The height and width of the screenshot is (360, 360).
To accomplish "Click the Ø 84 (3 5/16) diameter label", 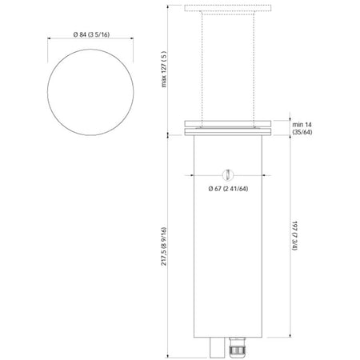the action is [x=91, y=34].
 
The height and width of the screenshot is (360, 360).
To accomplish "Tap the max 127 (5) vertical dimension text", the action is [x=164, y=70].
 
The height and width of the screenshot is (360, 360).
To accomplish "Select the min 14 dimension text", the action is [x=302, y=125].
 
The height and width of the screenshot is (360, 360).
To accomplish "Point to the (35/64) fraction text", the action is [x=302, y=132].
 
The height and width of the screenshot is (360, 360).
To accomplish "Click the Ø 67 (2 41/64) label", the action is [x=228, y=189].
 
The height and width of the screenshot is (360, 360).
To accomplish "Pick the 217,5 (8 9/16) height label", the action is [x=164, y=246].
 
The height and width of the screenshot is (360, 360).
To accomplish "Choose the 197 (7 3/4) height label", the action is [x=294, y=235].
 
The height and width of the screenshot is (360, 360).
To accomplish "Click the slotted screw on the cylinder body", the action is [x=228, y=175].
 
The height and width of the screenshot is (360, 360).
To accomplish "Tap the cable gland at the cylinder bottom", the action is [x=237, y=347].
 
